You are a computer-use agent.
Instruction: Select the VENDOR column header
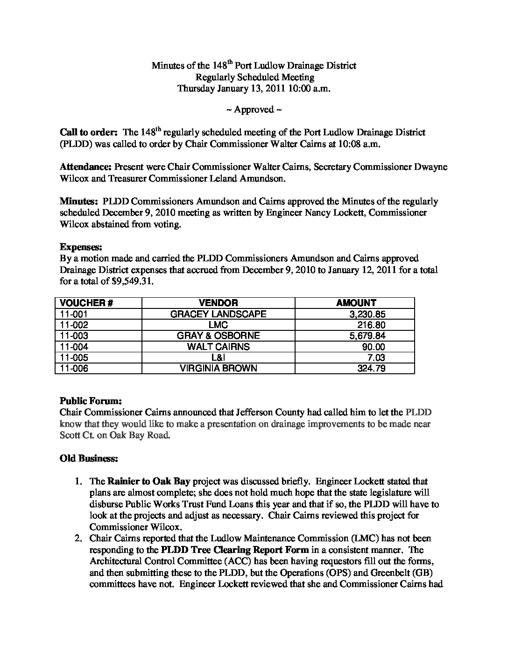coord(218,303)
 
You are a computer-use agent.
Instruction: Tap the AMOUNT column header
coord(356,303)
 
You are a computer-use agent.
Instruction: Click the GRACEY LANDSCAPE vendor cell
coord(218,314)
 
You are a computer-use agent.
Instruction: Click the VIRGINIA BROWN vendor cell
coord(218,369)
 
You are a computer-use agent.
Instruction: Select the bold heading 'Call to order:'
coord(88,133)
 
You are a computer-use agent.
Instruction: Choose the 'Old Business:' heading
coord(89,458)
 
